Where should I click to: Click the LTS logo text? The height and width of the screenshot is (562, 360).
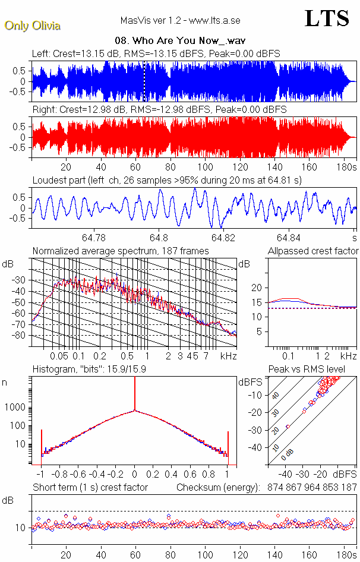pos(326,18)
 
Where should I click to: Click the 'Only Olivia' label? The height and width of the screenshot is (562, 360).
pos(32,26)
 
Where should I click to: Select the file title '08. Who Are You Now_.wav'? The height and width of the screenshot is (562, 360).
pos(180,41)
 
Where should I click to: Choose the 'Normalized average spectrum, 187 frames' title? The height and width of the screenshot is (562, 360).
pos(121,251)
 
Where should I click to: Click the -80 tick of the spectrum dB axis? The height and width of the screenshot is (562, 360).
pos(20,335)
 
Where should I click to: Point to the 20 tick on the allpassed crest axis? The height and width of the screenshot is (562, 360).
pos(257,288)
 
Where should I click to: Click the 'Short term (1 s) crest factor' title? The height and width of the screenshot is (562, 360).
pos(90,487)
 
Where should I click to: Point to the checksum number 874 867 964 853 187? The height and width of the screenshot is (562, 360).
pos(308,487)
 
